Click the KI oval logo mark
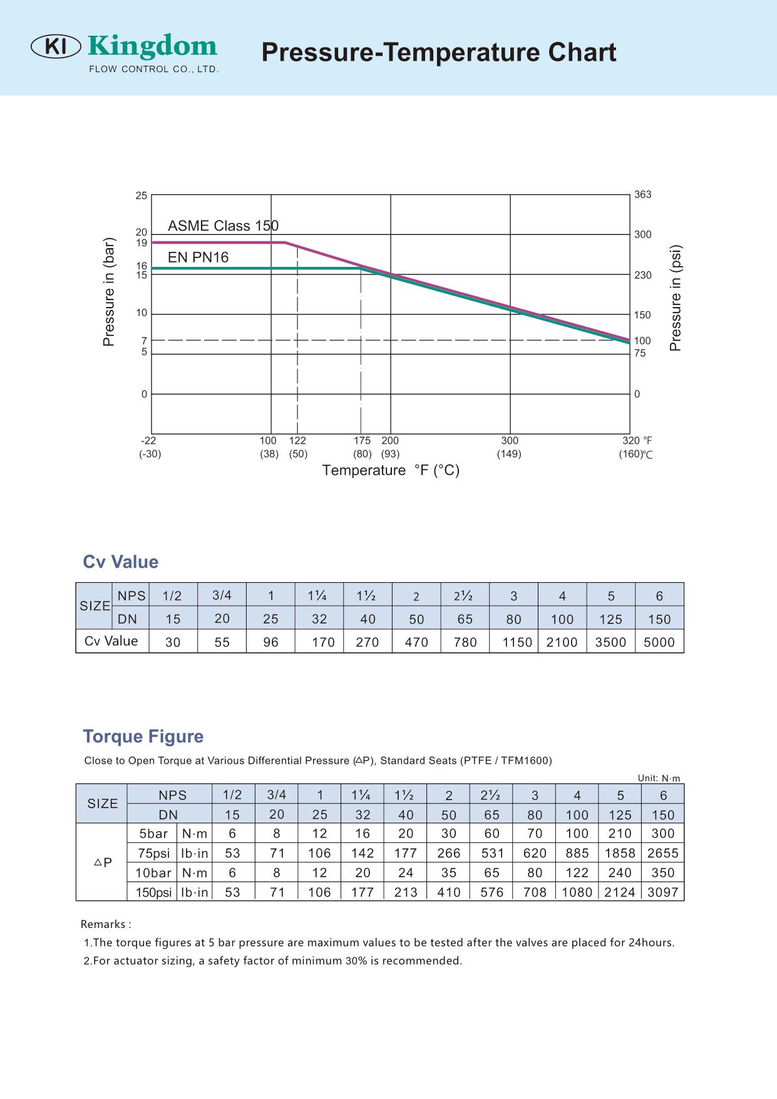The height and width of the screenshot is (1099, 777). click(x=56, y=46)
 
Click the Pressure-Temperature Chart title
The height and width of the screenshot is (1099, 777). click(x=438, y=52)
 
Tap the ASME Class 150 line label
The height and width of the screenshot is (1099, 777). click(x=223, y=226)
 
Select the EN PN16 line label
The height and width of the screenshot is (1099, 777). click(x=198, y=257)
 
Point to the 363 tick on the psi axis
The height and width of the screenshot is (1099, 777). click(x=642, y=194)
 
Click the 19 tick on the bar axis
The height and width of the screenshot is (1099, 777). click(x=142, y=243)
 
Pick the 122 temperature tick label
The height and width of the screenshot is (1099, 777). click(x=297, y=440)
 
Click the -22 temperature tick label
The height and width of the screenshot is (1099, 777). click(x=148, y=440)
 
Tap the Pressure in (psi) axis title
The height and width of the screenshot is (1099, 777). click(x=675, y=298)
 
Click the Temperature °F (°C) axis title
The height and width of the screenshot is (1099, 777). click(x=391, y=471)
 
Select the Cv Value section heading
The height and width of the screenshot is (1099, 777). click(x=120, y=562)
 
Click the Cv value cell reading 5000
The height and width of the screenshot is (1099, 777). click(x=659, y=642)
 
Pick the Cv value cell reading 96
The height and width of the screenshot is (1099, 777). click(x=270, y=642)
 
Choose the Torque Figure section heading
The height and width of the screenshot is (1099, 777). click(x=143, y=736)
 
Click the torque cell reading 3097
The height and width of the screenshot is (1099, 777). click(x=663, y=892)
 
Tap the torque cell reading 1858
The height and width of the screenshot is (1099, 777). click(x=620, y=853)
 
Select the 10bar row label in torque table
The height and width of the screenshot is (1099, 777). click(x=153, y=873)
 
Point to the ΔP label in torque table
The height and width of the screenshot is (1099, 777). click(x=103, y=863)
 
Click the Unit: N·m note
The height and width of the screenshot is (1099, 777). click(x=659, y=778)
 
